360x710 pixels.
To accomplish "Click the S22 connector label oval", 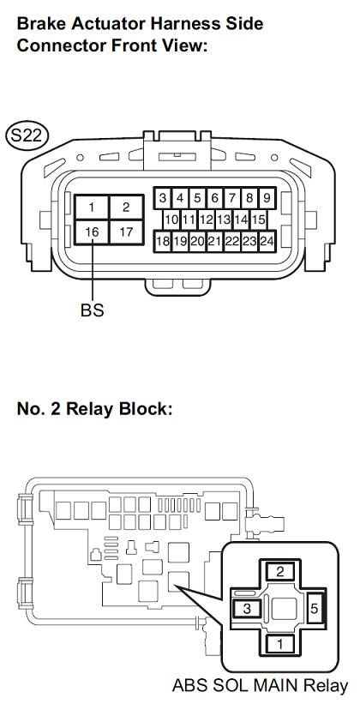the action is (x=27, y=135).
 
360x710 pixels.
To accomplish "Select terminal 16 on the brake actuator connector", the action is (x=92, y=232).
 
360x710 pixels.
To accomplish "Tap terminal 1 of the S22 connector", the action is (x=92, y=208).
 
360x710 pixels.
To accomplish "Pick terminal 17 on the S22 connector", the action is (x=126, y=232).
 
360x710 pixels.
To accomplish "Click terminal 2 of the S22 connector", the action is (x=126, y=208).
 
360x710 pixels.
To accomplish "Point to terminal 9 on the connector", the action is (x=267, y=198).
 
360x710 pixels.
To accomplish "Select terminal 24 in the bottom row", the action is (x=267, y=241).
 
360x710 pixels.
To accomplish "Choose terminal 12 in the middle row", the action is (x=206, y=220).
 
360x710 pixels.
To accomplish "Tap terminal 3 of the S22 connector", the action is (x=163, y=198).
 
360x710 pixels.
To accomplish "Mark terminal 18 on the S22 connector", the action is (x=163, y=241).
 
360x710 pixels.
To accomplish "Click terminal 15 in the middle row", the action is (x=258, y=220).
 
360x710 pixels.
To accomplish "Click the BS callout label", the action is (x=93, y=310).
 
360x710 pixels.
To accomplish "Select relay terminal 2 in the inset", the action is (x=280, y=571).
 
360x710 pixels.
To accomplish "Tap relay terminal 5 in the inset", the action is (x=315, y=609).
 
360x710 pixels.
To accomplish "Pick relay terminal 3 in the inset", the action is (x=247, y=609).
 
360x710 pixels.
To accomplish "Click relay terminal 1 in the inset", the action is (x=280, y=644).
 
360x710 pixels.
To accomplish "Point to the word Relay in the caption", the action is (x=325, y=686).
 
